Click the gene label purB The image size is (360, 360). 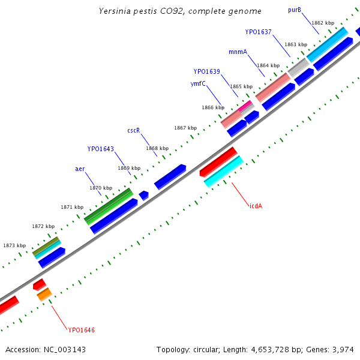(295, 10)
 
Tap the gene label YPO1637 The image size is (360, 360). (259, 32)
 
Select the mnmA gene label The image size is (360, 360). (238, 52)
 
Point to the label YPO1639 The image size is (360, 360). (206, 71)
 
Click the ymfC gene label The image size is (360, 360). (199, 84)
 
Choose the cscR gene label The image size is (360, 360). (133, 130)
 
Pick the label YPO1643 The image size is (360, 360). (100, 149)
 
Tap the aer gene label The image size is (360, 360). (80, 169)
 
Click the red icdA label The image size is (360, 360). (256, 206)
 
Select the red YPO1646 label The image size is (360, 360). (81, 330)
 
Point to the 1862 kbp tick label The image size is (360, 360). (323, 23)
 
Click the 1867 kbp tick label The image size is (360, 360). (185, 128)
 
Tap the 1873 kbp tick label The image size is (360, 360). (14, 245)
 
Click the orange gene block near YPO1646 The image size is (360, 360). (44, 294)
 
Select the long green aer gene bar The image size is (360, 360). (109, 206)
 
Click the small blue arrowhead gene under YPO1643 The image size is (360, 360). (143, 195)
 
